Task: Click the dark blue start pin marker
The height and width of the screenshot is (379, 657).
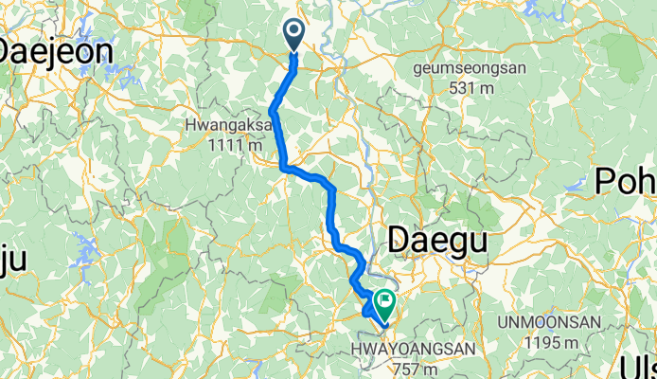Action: click(x=293, y=36)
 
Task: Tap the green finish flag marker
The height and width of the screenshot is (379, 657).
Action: click(x=385, y=304)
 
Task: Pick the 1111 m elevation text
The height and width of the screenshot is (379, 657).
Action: click(x=226, y=145)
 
